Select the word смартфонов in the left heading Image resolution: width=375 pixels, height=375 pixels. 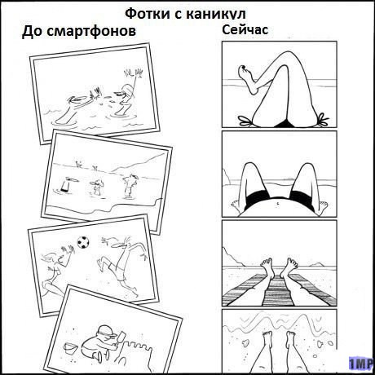pos(91,31)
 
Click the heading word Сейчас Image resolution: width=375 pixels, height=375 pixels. pos(245,29)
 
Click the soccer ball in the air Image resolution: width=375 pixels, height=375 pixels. pos(83,242)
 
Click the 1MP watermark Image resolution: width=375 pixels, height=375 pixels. pos(360,364)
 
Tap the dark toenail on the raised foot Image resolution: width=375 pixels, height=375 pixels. pos(243,67)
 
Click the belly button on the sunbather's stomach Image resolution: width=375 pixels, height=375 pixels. pos(277,203)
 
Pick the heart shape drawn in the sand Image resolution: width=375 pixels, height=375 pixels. pos(246,342)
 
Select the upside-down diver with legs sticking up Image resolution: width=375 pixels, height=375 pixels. pos(65,185)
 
